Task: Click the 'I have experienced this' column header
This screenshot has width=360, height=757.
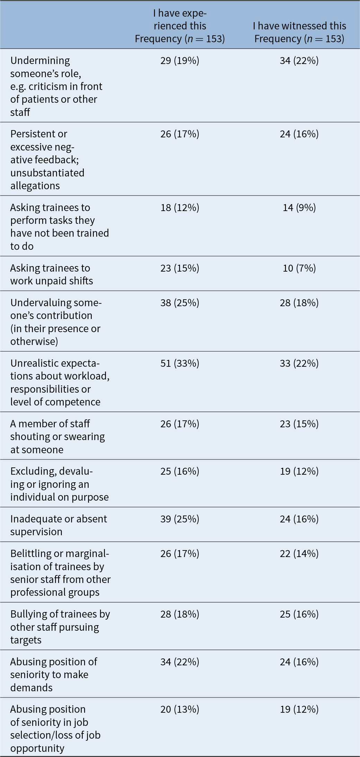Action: coord(180,26)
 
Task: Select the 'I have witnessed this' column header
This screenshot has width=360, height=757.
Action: coord(299,32)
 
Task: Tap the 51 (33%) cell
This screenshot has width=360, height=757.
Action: coord(180,363)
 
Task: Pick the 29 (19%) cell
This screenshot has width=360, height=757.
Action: coord(180,61)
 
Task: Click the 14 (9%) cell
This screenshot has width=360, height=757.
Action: coord(299,208)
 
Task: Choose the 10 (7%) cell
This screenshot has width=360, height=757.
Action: coord(299,268)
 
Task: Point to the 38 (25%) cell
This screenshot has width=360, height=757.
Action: coord(180,303)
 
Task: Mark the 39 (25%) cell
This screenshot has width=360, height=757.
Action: coord(180,519)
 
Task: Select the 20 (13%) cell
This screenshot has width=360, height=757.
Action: coord(180,709)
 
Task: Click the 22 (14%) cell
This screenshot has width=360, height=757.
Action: coord(299,554)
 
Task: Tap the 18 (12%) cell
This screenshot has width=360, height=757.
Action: coord(180,208)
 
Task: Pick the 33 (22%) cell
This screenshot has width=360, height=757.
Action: coord(299,363)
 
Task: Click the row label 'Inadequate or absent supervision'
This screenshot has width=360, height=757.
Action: coord(58,525)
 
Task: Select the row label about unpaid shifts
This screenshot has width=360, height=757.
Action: coord(52,274)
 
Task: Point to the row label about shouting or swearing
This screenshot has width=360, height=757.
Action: coord(57,437)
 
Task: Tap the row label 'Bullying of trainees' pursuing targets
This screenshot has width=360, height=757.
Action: coord(60,627)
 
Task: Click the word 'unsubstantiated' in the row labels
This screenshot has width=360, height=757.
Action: coord(47,173)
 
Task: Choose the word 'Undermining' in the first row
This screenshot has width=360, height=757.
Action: coord(40,61)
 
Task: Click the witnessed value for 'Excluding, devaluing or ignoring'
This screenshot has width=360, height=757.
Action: coord(299,471)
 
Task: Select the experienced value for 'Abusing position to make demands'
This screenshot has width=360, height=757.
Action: coord(180,662)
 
